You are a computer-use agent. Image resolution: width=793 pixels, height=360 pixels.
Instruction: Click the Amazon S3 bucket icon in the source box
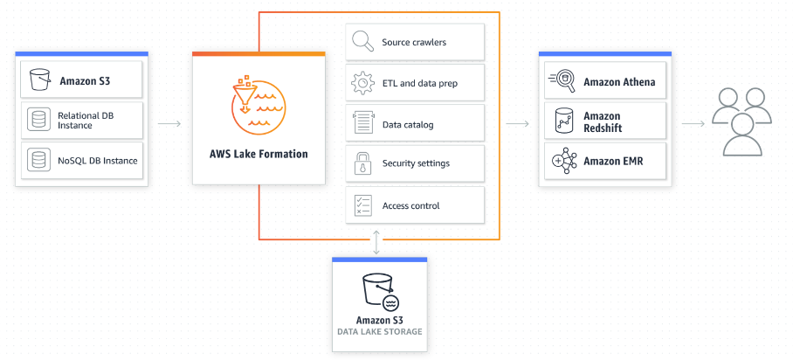coord(38,80)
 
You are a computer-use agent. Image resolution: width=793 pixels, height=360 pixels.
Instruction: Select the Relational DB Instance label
coord(86,121)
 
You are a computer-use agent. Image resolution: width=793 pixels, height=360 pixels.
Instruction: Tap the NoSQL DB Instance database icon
coord(38,160)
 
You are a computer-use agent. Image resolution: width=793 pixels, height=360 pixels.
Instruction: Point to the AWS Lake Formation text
coord(259,155)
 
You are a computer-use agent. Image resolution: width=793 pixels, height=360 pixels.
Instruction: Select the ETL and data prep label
coord(419,84)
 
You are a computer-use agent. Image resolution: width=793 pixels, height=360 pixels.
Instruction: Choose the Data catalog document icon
coord(362,124)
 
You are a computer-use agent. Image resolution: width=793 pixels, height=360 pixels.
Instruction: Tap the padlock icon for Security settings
coord(362,164)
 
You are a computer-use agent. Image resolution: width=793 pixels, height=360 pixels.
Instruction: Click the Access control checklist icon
coord(362,205)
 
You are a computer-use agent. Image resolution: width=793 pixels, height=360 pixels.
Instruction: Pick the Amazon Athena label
coord(618,82)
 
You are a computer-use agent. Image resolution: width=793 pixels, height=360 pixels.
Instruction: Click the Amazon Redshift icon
coord(562,121)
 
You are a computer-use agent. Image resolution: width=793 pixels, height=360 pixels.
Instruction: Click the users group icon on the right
coord(741,122)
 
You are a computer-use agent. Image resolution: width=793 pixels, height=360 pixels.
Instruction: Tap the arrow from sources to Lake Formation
coord(169,123)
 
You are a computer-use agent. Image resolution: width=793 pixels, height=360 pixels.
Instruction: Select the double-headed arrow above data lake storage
coord(377,243)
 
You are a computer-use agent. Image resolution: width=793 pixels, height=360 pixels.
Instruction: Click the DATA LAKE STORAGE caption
coord(379,332)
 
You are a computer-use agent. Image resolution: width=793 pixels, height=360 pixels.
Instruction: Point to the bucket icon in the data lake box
coord(379,291)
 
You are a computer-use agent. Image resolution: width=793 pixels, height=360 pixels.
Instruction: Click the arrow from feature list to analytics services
coord(518,123)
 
